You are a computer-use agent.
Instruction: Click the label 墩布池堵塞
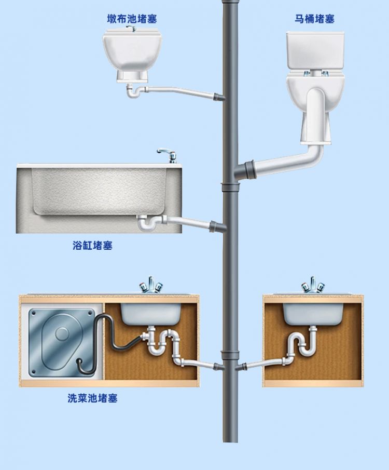point(132,19)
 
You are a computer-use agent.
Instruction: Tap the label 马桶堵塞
point(314,19)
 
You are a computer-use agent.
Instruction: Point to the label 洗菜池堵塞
point(92,399)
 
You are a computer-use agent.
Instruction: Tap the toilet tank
point(315,49)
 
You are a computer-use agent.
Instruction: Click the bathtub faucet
point(166,154)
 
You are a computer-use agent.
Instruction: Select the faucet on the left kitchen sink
point(150,286)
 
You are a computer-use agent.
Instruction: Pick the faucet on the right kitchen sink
point(313,286)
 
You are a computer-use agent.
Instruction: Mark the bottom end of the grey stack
point(230,439)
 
